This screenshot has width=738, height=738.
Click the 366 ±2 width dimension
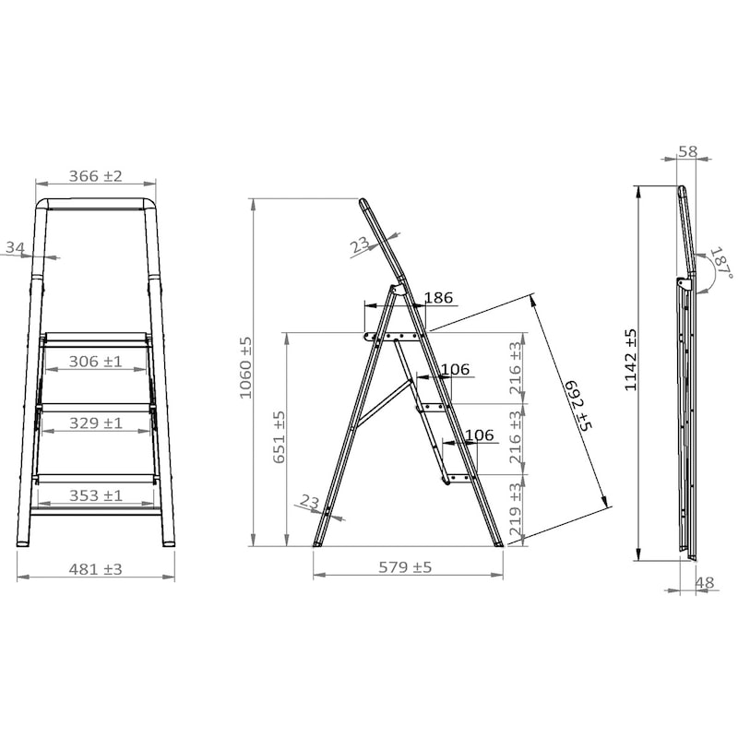[x=97, y=176]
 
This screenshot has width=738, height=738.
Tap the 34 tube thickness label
[x=15, y=247]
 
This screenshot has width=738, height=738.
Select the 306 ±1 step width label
[x=96, y=363]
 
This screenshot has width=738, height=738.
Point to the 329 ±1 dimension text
[x=96, y=423]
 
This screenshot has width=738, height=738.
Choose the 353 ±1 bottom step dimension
[x=96, y=496]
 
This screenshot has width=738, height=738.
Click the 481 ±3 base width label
[x=96, y=569]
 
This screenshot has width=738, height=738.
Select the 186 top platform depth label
[x=438, y=298]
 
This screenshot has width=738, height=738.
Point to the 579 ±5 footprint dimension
[x=407, y=567]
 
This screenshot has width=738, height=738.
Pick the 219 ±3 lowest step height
[x=516, y=510]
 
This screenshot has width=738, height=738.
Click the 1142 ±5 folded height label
[x=631, y=360]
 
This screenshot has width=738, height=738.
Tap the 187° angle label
[x=720, y=263]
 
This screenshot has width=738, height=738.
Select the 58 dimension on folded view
[x=687, y=151]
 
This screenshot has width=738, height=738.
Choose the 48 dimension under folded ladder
[x=704, y=582]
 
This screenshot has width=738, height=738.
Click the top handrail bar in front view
[x=97, y=202]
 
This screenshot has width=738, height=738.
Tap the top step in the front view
[x=96, y=338]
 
